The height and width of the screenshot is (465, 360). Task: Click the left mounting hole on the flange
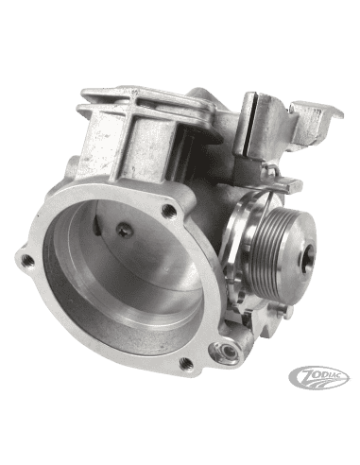[27, 258]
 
